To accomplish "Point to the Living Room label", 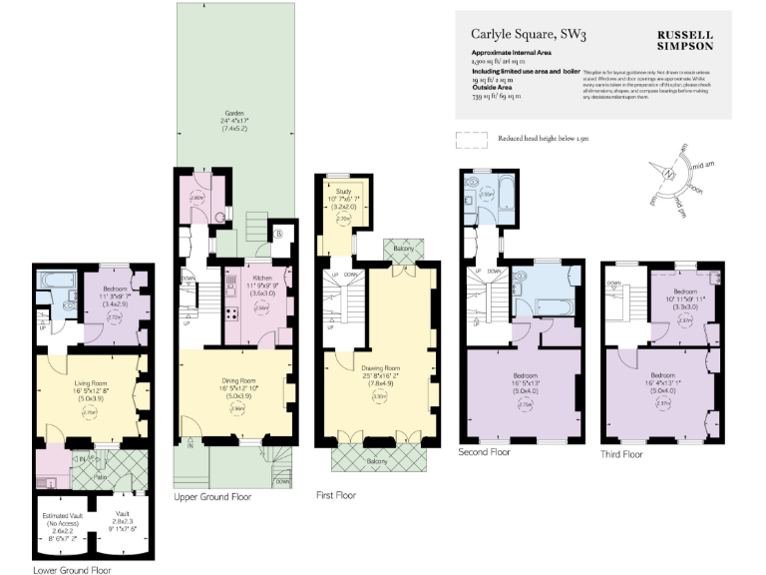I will pyautogui.click(x=91, y=381).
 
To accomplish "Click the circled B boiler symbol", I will pyautogui.click(x=278, y=233).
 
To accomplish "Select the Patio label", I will pyautogui.click(x=101, y=477).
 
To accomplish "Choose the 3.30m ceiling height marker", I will pyautogui.click(x=379, y=396).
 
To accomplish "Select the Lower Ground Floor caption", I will pyautogui.click(x=72, y=571).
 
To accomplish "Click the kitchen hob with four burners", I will pyautogui.click(x=232, y=314).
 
